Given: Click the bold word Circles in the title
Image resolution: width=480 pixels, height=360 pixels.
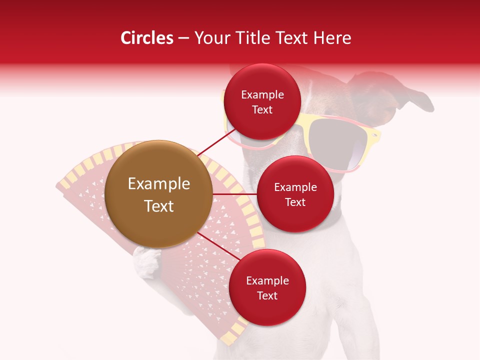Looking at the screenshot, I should (x=146, y=38).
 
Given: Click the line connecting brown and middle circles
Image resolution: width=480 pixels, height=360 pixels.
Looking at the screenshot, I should (x=234, y=193).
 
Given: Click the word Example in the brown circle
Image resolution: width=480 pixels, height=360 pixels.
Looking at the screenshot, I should (x=158, y=184).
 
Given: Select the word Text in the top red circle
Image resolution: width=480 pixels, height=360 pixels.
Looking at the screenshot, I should (x=262, y=109).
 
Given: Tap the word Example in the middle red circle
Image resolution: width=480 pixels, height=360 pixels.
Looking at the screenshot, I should (x=295, y=187).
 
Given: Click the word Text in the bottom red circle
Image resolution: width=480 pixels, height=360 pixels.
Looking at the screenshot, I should (x=267, y=295).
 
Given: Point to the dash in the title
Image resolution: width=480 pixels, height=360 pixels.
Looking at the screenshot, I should (x=183, y=38).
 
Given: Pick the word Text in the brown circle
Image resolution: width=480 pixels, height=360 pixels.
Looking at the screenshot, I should (x=158, y=206).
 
